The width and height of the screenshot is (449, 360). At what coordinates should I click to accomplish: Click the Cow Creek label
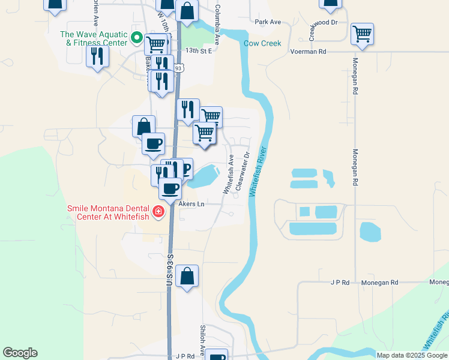262,43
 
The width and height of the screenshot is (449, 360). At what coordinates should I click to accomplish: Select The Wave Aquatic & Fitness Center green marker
137,38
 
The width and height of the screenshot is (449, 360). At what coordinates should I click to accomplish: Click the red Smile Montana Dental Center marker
158,211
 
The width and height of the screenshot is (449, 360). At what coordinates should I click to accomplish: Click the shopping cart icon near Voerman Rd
363,34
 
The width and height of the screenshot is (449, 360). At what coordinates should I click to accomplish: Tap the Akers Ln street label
191,204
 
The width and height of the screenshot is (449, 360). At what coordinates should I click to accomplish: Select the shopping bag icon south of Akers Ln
187,277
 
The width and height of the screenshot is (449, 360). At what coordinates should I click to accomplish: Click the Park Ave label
268,22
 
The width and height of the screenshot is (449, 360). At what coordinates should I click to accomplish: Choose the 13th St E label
199,51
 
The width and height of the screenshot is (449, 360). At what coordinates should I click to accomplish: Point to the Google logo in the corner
20,353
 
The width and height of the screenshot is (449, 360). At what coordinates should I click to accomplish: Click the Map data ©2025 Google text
412,355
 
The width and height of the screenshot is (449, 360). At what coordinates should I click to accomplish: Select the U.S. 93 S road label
170,270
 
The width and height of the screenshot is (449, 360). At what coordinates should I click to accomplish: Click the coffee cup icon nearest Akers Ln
170,188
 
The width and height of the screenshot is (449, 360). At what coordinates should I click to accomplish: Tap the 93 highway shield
178,68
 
